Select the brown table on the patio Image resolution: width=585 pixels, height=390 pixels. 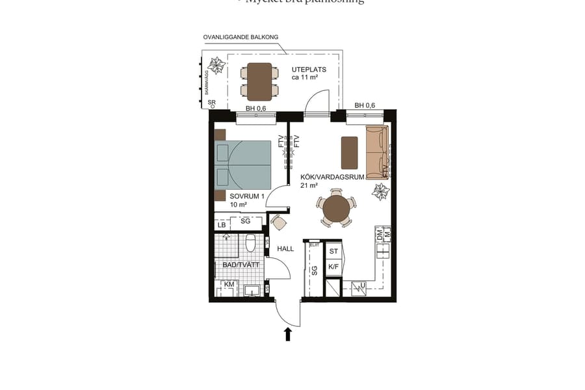[259, 81]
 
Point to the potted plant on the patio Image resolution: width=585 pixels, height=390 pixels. [214, 66]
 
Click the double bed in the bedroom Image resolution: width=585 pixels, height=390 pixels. [243, 165]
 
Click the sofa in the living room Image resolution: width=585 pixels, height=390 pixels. [377, 152]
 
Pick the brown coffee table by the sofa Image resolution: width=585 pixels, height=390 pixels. [349, 152]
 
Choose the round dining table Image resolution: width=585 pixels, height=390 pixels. [336, 209]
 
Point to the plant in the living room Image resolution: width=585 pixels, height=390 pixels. [380, 191]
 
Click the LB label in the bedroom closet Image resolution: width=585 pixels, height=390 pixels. [222, 225]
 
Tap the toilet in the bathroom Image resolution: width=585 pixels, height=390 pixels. [250, 244]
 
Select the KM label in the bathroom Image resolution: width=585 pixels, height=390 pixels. [229, 285]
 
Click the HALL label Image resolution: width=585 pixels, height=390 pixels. [286, 248]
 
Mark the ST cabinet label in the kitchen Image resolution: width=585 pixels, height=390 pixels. [333, 251]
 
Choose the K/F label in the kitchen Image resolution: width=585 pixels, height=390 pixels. [333, 266]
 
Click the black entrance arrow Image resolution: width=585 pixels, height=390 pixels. [288, 333]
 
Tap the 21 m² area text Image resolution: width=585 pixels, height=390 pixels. [308, 185]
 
